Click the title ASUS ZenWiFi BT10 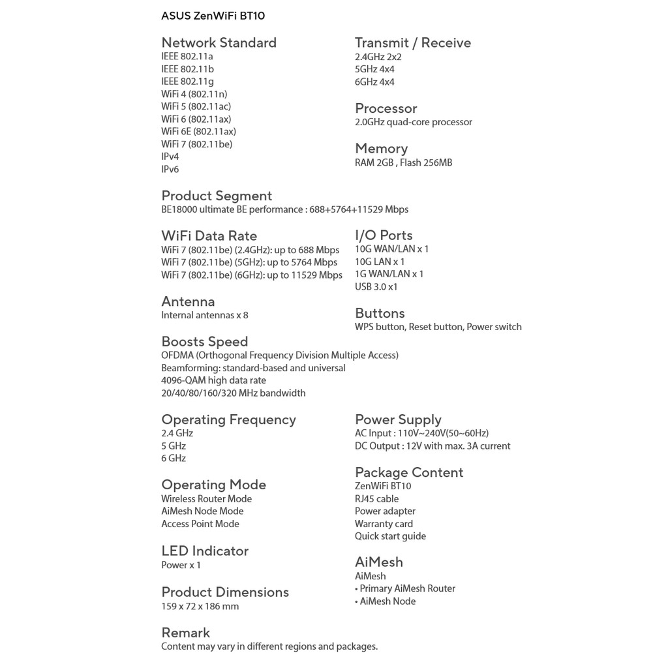(213, 16)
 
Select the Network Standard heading (219, 43)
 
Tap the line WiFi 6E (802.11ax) (198, 132)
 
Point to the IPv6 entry (170, 170)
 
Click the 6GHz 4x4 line (374, 82)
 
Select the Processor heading (386, 109)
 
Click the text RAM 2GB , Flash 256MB (403, 162)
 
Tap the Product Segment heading (217, 196)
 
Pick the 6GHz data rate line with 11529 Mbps (252, 275)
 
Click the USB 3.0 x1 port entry (376, 287)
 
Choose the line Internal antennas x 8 (205, 315)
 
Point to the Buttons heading (380, 314)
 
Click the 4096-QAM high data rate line (213, 380)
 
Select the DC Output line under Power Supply (433, 446)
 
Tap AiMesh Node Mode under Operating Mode (202, 511)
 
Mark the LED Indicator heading (205, 551)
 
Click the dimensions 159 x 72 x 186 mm (200, 607)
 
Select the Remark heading (185, 633)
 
